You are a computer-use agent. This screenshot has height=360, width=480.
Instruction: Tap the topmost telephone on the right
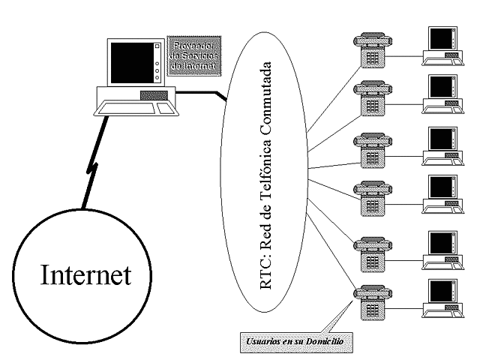coord(370,51)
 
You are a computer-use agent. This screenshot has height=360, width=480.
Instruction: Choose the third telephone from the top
coord(370,150)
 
